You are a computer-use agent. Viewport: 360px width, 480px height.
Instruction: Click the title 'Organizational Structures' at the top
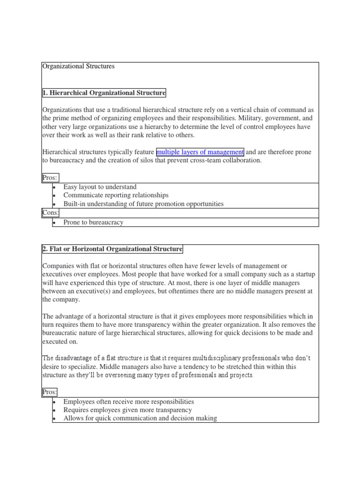(78, 67)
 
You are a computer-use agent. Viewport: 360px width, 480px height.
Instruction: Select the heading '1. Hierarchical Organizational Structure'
(104, 93)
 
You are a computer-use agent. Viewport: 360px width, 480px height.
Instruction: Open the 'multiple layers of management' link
(200, 152)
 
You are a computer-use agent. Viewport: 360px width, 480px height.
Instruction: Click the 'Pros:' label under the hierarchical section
(51, 178)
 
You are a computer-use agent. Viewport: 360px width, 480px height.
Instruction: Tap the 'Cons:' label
(51, 213)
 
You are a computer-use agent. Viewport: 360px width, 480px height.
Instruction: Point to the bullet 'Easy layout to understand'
(100, 187)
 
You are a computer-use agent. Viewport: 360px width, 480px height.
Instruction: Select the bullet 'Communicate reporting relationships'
(116, 195)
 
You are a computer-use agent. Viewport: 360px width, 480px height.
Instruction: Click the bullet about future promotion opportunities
(143, 204)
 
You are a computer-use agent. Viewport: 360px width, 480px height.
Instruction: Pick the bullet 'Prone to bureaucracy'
(93, 222)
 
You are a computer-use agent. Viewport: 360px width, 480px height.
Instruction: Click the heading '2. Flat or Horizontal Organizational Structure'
(112, 249)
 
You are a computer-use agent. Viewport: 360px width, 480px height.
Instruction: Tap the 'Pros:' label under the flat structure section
(51, 392)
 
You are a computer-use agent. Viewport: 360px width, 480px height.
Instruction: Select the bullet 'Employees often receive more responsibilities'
(128, 402)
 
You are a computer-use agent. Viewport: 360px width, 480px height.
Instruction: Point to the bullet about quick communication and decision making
(140, 418)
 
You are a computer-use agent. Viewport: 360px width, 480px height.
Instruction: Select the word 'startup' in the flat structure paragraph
(303, 275)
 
